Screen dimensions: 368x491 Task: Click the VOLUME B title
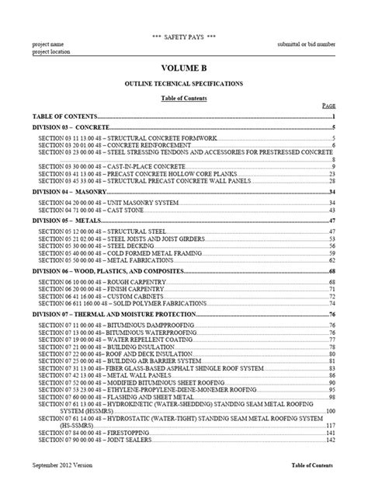click(x=184, y=68)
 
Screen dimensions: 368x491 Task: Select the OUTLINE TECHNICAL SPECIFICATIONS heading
click(x=184, y=82)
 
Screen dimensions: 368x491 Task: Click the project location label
click(x=52, y=52)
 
